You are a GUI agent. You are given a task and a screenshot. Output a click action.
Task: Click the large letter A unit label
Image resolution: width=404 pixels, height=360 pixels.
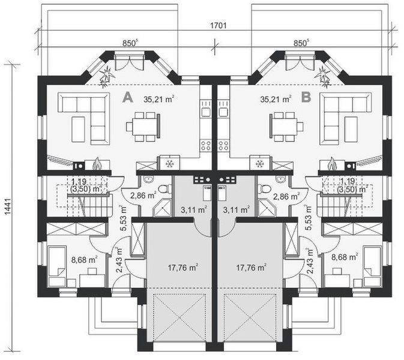click(x=128, y=98)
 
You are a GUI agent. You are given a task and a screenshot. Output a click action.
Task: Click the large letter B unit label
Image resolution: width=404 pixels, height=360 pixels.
click(x=306, y=98)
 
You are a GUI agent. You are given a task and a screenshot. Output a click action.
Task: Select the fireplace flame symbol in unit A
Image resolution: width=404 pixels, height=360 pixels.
click(x=97, y=164)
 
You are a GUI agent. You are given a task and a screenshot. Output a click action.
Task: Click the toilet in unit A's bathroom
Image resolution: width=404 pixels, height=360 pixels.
click(x=164, y=189)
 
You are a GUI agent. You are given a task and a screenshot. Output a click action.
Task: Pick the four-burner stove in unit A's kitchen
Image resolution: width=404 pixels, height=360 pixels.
click(x=206, y=145)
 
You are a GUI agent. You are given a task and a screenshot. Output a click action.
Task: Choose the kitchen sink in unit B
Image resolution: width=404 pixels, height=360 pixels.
click(x=223, y=112)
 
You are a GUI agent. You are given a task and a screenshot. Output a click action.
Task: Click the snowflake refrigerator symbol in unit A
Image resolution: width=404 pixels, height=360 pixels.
click(x=169, y=164)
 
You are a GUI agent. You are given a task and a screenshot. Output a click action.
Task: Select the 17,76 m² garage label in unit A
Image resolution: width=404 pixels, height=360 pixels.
click(x=182, y=268)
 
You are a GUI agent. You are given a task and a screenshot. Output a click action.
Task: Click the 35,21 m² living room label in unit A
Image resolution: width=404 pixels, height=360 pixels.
click(x=159, y=99)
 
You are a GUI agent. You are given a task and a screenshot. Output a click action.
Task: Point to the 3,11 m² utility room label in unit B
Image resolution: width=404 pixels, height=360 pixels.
click(x=237, y=209)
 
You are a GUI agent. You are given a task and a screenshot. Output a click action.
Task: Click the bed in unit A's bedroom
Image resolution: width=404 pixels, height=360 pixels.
click(x=56, y=266)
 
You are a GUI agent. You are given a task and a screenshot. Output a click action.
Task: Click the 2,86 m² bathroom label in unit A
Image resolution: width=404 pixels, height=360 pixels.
click(x=143, y=196)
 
